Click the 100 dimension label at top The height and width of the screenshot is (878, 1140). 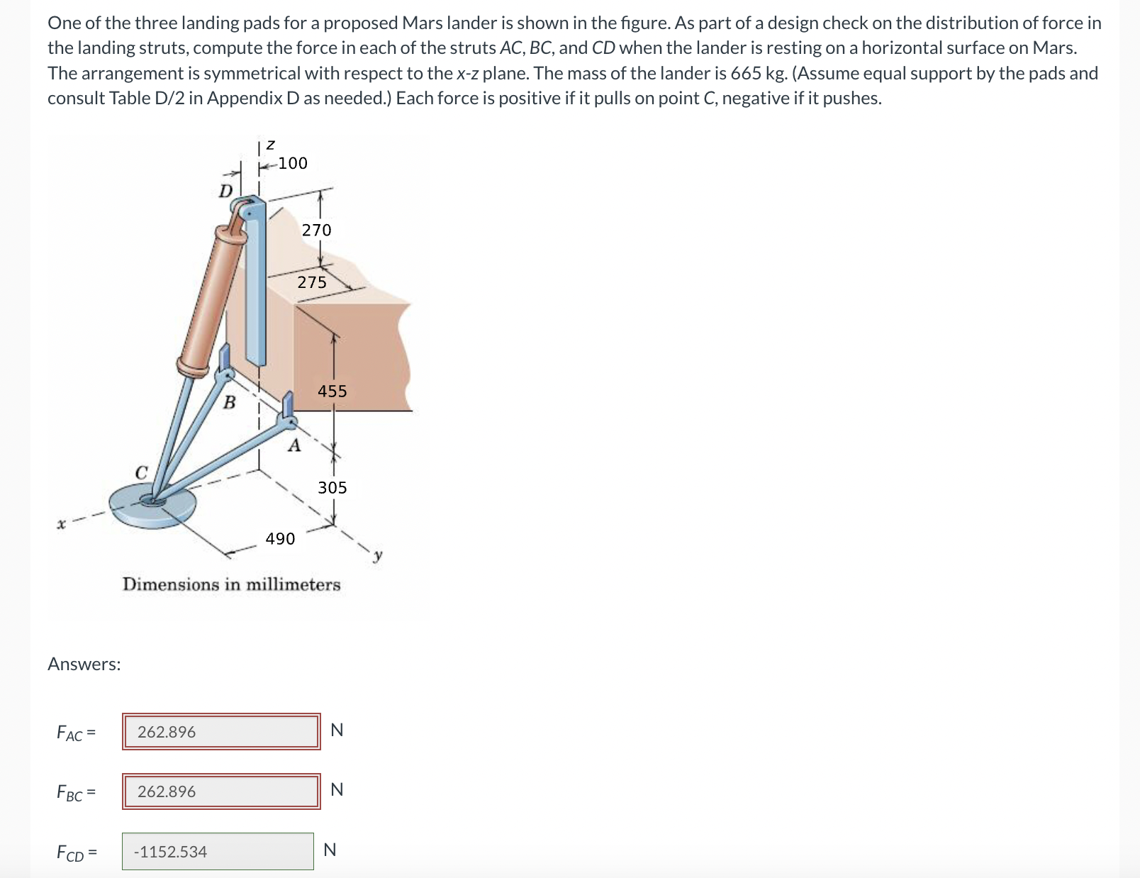point(292,163)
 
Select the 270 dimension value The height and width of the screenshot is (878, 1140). point(316,230)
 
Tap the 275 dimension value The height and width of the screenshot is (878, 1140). point(312,282)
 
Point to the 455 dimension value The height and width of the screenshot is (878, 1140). point(332,391)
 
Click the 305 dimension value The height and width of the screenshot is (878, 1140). point(332,487)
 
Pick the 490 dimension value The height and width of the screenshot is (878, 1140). point(280,538)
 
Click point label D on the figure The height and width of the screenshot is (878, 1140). point(225,191)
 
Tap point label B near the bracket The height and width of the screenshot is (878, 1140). point(229,403)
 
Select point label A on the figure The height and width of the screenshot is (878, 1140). point(294,446)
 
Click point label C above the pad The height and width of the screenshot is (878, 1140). point(142,472)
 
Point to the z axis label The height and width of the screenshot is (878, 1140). point(269,145)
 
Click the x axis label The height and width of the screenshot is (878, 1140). point(62,525)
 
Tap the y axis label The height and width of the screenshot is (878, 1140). point(378,555)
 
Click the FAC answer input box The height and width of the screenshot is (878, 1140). point(220,731)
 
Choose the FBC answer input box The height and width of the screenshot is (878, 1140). point(220,791)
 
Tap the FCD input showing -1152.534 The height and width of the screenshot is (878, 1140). point(218,851)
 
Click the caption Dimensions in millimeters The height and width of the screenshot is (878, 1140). point(231,584)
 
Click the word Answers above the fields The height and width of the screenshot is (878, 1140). point(84,664)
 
